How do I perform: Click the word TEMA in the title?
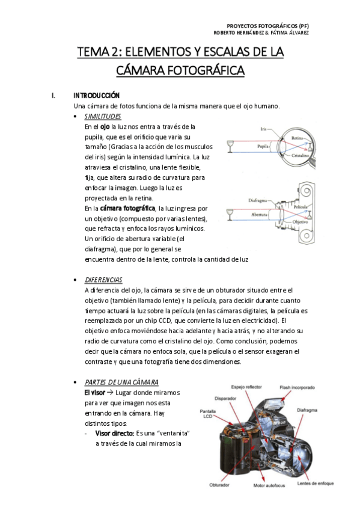(x=93, y=52)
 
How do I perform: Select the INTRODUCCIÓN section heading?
(x=97, y=95)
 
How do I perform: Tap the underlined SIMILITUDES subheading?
(x=103, y=116)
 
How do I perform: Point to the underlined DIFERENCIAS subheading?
(x=103, y=280)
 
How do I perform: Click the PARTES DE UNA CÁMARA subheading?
(x=121, y=382)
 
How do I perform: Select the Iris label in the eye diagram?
(x=263, y=129)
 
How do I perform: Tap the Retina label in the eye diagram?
(x=297, y=138)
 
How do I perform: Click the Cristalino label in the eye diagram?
(x=300, y=156)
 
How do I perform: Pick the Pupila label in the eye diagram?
(x=263, y=146)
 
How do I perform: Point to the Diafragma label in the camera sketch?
(x=258, y=200)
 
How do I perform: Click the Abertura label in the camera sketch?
(x=259, y=215)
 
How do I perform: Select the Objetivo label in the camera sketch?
(x=300, y=222)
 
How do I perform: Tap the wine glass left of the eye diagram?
(x=230, y=146)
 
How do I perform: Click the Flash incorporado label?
(x=297, y=387)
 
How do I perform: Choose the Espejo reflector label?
(x=246, y=387)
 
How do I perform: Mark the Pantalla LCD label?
(x=207, y=414)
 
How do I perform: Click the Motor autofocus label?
(x=269, y=485)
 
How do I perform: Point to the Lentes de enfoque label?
(x=315, y=484)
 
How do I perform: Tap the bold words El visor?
(x=94, y=393)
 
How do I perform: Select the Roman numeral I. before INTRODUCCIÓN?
(x=53, y=95)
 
